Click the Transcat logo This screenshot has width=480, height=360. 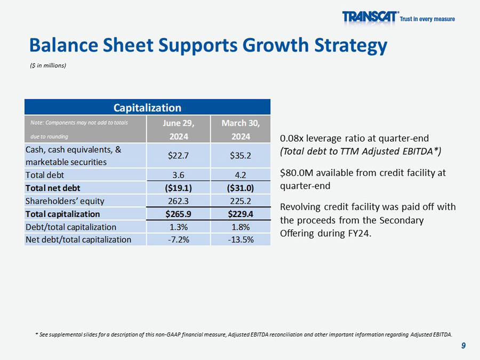371,18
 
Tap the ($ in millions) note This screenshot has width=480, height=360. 48,66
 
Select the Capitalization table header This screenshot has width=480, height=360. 147,107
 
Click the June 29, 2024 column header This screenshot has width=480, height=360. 178,130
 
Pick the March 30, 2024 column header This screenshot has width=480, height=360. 241,130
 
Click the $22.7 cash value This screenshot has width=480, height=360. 178,156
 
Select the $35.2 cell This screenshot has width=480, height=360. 241,156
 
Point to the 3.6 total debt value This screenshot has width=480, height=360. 178,174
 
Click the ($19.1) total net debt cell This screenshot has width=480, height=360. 178,188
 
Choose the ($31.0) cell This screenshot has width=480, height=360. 241,188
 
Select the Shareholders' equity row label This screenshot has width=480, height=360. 65,201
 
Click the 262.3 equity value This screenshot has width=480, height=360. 178,201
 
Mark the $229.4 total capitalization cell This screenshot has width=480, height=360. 241,214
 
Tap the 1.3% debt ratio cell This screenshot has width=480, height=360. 178,227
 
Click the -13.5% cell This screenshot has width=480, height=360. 241,239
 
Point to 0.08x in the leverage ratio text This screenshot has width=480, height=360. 291,138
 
